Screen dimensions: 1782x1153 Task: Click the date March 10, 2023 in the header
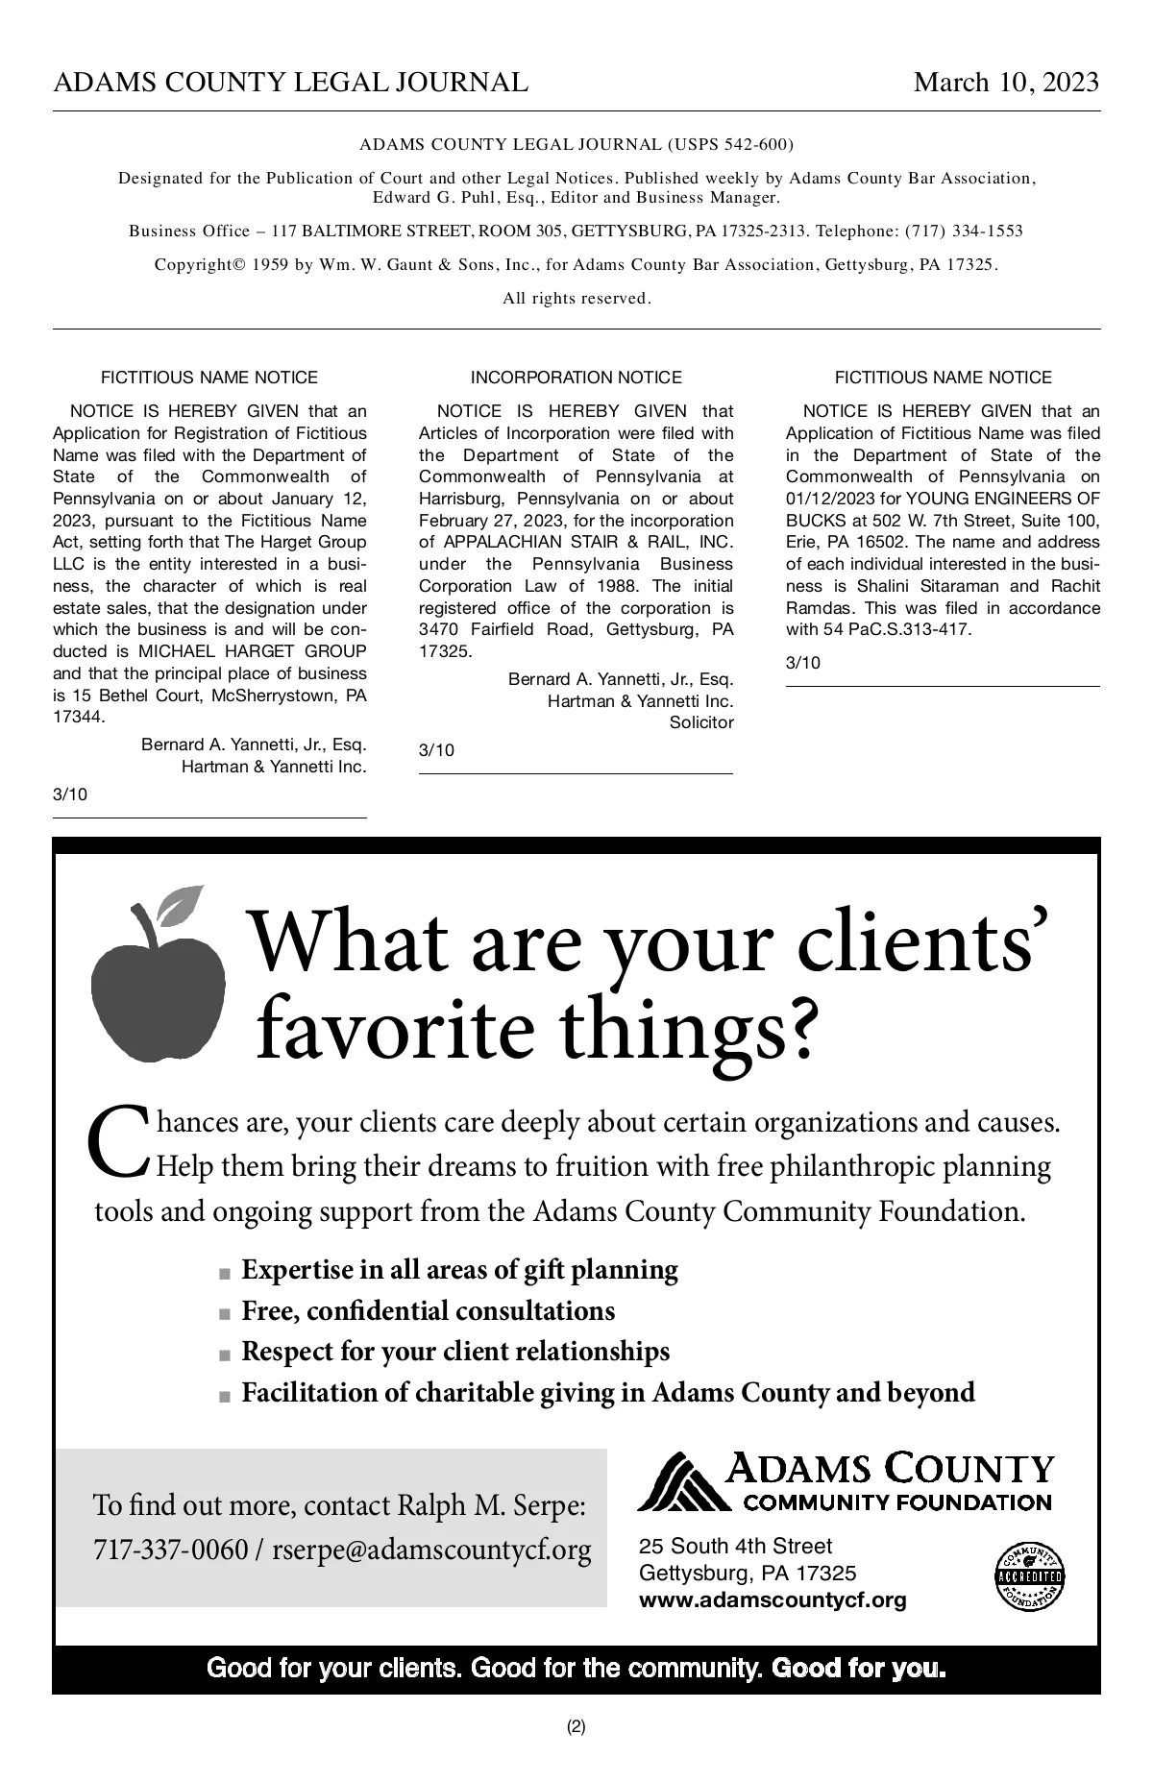click(x=1005, y=83)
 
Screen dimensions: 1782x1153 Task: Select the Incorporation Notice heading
click(x=576, y=378)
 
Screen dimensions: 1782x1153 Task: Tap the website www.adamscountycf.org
click(x=773, y=1600)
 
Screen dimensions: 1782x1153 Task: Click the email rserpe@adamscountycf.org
click(x=431, y=1550)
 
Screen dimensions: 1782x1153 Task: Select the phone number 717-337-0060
click(x=170, y=1550)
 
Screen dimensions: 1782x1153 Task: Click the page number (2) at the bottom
click(x=576, y=1726)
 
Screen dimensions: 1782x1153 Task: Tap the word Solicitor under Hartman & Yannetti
click(x=700, y=722)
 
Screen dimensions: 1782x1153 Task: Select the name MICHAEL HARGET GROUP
click(x=253, y=651)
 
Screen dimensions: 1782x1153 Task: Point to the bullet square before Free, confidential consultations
click(x=225, y=1313)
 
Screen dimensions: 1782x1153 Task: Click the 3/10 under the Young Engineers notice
click(x=802, y=663)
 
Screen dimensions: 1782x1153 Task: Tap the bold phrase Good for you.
click(x=858, y=1668)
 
